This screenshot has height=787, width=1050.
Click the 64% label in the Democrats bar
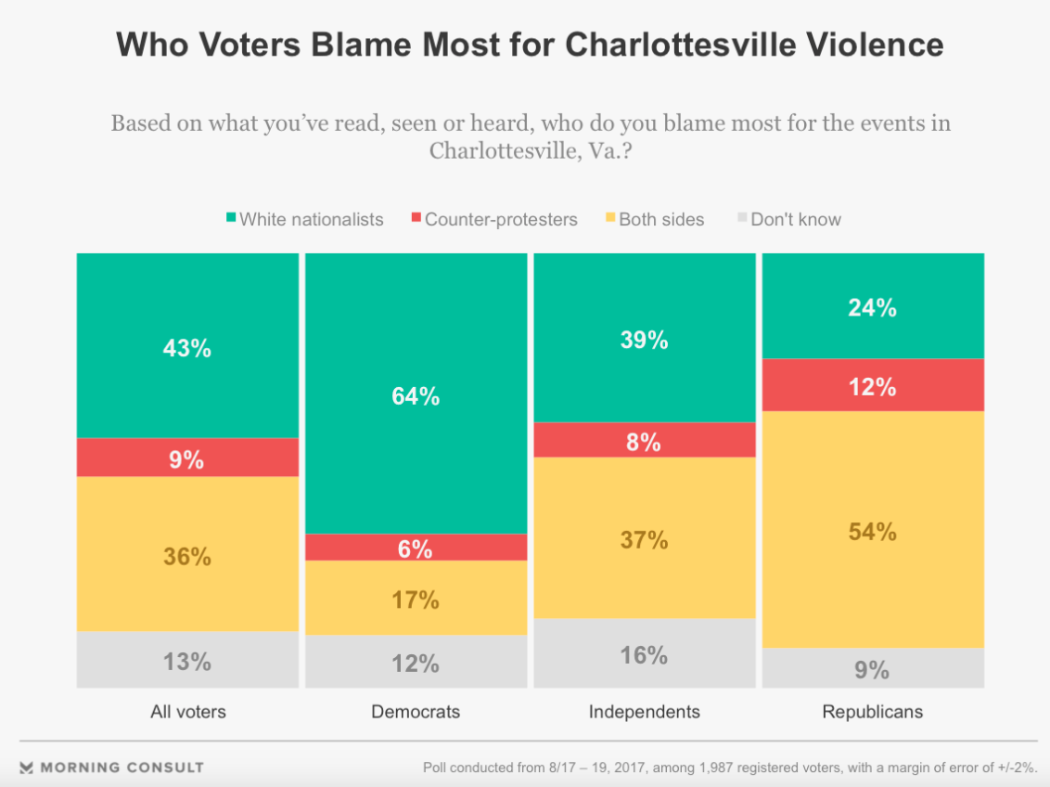[416, 396]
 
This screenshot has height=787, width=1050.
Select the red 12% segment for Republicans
[872, 385]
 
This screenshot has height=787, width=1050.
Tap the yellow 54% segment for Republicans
[872, 530]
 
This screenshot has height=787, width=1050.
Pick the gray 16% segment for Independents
[644, 653]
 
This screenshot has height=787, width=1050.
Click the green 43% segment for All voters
[187, 347]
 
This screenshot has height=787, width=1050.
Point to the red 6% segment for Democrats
[416, 548]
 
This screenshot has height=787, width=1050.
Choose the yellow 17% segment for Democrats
[416, 599]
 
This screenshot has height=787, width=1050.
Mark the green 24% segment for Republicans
[872, 306]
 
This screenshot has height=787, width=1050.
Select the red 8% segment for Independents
[644, 441]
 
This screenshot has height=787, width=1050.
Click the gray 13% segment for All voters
[187, 661]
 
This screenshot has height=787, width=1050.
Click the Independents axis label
[644, 712]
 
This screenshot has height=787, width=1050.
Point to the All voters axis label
[187, 712]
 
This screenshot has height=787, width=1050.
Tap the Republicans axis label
[872, 712]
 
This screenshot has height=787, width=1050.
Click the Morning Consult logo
[111, 768]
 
